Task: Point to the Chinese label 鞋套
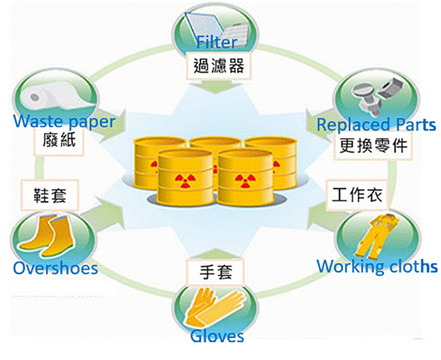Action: click(x=45, y=196)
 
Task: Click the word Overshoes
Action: click(x=55, y=268)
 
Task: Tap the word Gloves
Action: click(x=217, y=336)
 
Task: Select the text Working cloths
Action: click(x=377, y=265)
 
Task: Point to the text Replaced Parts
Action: click(x=376, y=124)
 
